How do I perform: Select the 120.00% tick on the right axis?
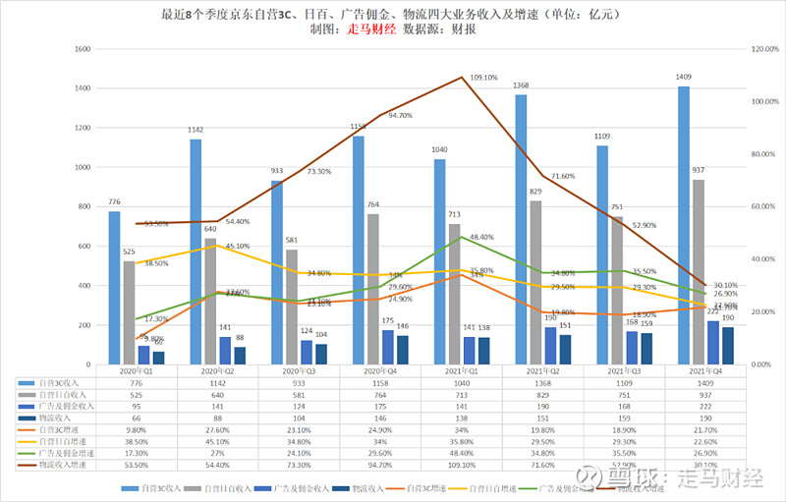pos(763,48)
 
